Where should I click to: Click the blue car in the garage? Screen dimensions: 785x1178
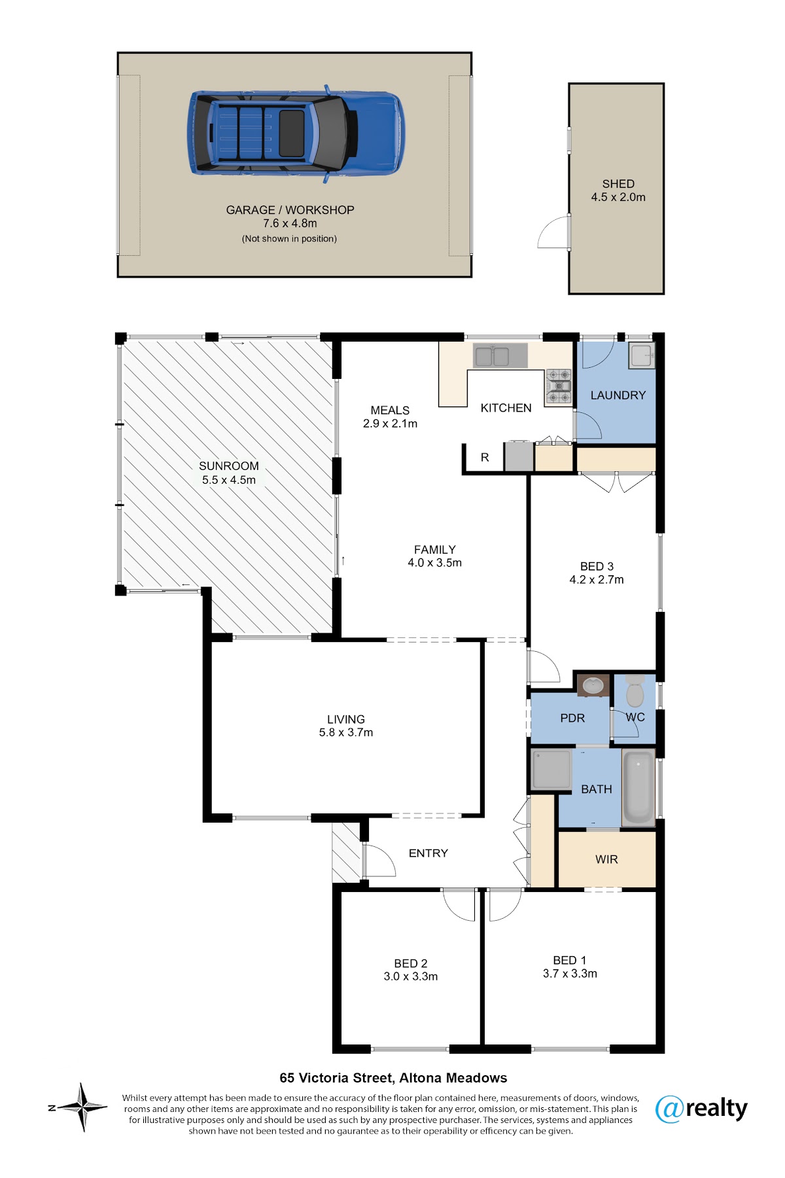point(296,134)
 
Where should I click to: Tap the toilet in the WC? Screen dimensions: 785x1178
point(635,690)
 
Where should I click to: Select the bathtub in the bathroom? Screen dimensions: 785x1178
point(638,788)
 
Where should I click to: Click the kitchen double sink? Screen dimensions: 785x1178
point(492,357)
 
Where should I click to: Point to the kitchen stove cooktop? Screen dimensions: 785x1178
point(559,385)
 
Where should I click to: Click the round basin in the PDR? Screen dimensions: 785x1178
point(593,686)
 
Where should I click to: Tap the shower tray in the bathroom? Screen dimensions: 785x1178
point(551,770)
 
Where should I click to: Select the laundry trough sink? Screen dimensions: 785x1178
point(641,355)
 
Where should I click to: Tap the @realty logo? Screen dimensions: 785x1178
point(701,1109)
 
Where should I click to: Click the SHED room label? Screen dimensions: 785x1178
point(618,184)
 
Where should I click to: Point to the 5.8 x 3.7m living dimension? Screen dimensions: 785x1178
point(346,732)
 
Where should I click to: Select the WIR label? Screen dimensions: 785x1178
point(606,859)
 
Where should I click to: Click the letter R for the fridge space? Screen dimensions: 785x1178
point(485,457)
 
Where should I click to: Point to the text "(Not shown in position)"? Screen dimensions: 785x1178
point(289,239)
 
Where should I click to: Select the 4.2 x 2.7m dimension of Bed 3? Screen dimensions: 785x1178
point(597,580)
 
